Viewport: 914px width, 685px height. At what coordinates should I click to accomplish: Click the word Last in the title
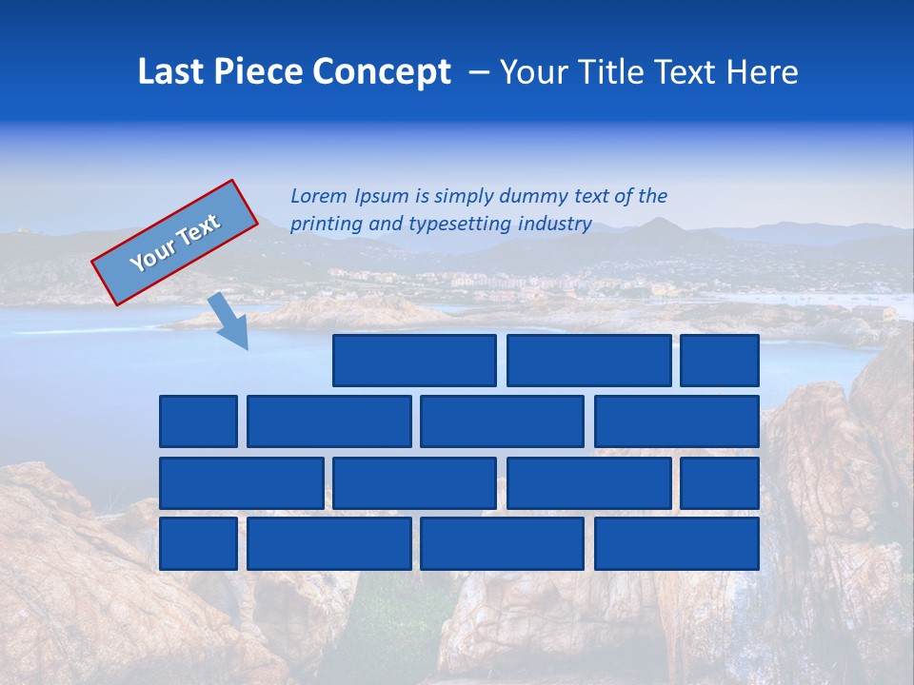pos(172,72)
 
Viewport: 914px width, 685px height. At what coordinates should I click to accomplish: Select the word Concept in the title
pos(381,72)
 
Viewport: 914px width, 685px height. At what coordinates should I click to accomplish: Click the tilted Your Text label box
pos(175,243)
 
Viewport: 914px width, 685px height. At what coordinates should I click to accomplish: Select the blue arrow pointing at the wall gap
pos(229,321)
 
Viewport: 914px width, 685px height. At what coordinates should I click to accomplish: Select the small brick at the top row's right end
pos(720,361)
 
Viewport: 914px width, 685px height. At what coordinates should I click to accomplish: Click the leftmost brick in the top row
pos(414,361)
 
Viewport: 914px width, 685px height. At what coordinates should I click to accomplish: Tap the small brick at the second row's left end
pos(198,421)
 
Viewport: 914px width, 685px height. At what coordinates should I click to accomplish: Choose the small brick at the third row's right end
pos(720,483)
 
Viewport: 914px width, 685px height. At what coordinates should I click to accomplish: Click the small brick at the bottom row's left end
pos(198,544)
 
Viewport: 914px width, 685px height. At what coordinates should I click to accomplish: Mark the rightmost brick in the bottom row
pos(677,544)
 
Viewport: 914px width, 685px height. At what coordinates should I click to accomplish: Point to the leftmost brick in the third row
pos(242,483)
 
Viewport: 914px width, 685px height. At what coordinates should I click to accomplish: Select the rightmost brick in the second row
pos(677,421)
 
